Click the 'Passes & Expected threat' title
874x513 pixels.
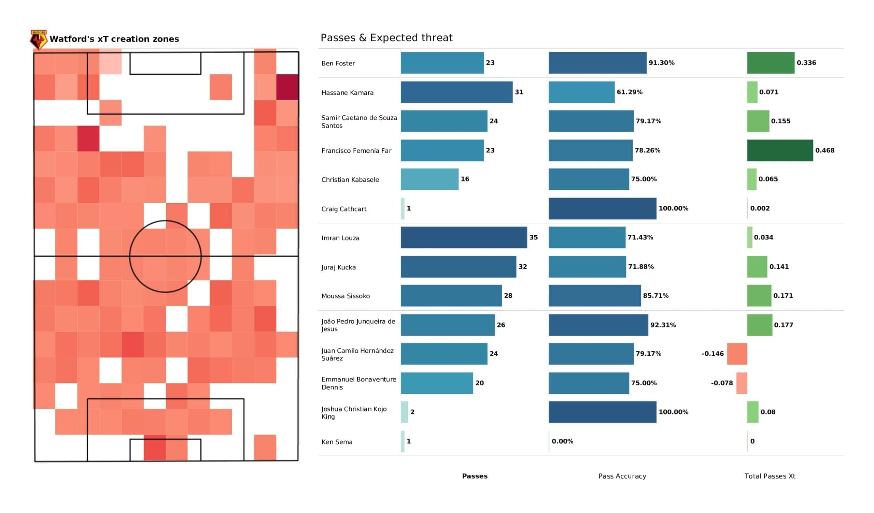[386, 38]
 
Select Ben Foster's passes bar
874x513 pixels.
[442, 63]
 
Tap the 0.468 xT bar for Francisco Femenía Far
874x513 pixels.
[780, 150]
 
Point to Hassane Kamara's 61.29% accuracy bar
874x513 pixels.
[581, 92]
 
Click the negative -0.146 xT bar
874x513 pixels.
[737, 354]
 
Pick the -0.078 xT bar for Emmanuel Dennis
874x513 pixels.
[741, 383]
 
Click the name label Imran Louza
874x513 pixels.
[340, 238]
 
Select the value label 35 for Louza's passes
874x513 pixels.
[533, 237]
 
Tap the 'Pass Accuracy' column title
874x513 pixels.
[622, 476]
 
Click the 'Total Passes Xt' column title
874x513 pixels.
[770, 476]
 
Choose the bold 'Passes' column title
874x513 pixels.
[475, 476]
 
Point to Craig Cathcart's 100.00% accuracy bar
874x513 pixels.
[602, 209]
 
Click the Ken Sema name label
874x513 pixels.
[337, 442]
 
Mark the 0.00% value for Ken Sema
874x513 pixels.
[562, 441]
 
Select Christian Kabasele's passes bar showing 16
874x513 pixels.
[429, 179]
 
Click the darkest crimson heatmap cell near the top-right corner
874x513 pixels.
[287, 87]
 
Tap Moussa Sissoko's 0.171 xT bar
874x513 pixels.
[759, 296]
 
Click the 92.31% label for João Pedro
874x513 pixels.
[663, 325]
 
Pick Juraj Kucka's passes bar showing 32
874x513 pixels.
[458, 267]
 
